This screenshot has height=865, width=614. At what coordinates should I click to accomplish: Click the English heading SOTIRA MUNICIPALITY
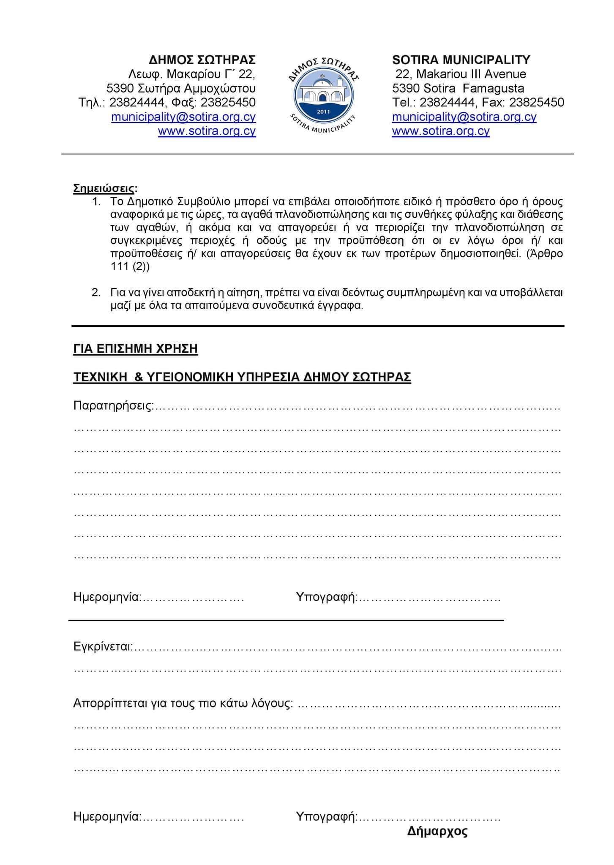[x=461, y=60]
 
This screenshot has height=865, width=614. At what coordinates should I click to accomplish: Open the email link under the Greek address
[x=183, y=117]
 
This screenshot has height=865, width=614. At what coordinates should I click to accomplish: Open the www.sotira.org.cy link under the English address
[x=441, y=131]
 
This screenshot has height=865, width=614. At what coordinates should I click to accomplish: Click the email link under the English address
[x=464, y=117]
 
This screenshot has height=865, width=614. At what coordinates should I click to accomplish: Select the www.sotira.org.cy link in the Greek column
[x=207, y=131]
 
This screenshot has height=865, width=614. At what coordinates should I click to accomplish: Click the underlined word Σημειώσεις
[x=105, y=188]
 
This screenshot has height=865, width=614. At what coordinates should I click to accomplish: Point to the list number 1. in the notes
[x=96, y=201]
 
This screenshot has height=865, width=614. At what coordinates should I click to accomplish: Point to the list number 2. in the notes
[x=96, y=292]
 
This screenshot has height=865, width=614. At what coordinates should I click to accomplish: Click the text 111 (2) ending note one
[x=130, y=267]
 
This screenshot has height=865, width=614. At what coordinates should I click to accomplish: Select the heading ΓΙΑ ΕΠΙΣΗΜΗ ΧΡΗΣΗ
[x=135, y=349]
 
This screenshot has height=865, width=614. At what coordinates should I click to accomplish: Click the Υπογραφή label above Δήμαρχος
[x=326, y=816]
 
